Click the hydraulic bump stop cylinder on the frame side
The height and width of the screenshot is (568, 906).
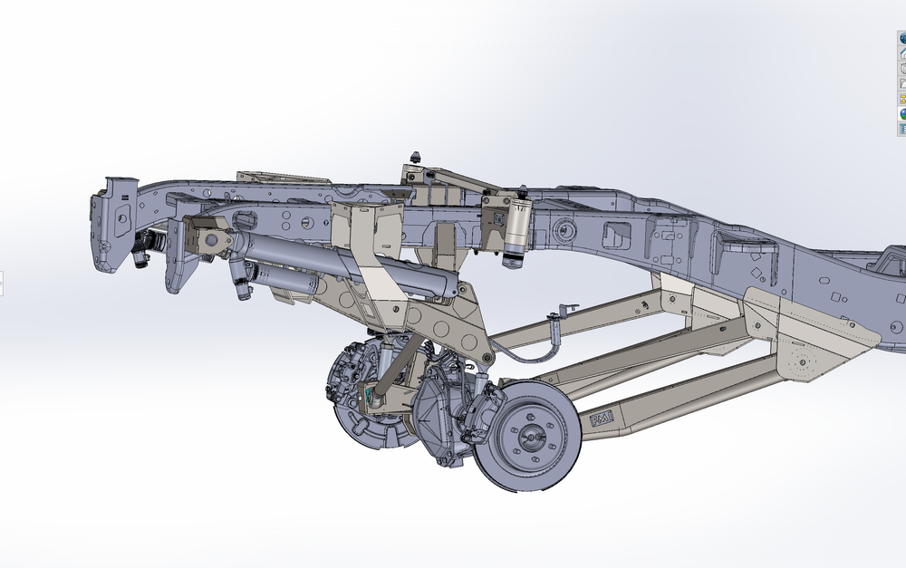(x=517, y=231)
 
